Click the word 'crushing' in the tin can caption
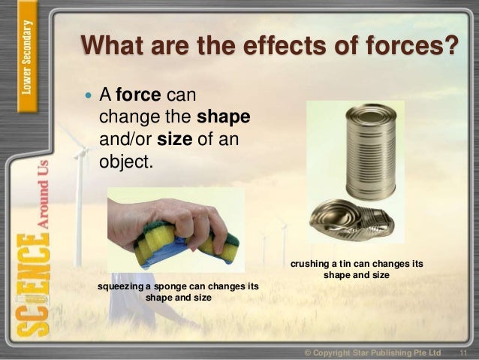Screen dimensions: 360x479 311,265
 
